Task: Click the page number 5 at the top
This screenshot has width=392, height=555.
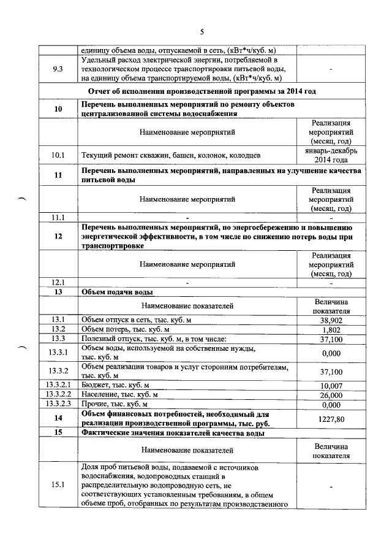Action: click(202, 32)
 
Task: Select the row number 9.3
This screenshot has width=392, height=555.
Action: click(58, 69)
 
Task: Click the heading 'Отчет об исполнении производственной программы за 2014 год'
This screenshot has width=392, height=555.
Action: click(202, 91)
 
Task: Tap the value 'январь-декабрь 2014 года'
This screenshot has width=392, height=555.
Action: click(331, 155)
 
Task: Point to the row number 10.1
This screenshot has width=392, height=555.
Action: click(58, 155)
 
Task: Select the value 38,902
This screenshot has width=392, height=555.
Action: click(331, 320)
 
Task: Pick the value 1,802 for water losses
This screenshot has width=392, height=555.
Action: click(331, 329)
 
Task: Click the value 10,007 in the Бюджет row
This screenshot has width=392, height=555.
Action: click(331, 385)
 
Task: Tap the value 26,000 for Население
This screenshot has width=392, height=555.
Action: click(331, 394)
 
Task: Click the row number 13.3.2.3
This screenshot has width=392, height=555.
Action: click(58, 404)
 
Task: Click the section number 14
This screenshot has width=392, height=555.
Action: click(58, 418)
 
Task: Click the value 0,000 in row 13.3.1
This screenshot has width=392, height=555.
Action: click(331, 353)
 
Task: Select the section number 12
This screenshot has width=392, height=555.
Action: click(58, 237)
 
